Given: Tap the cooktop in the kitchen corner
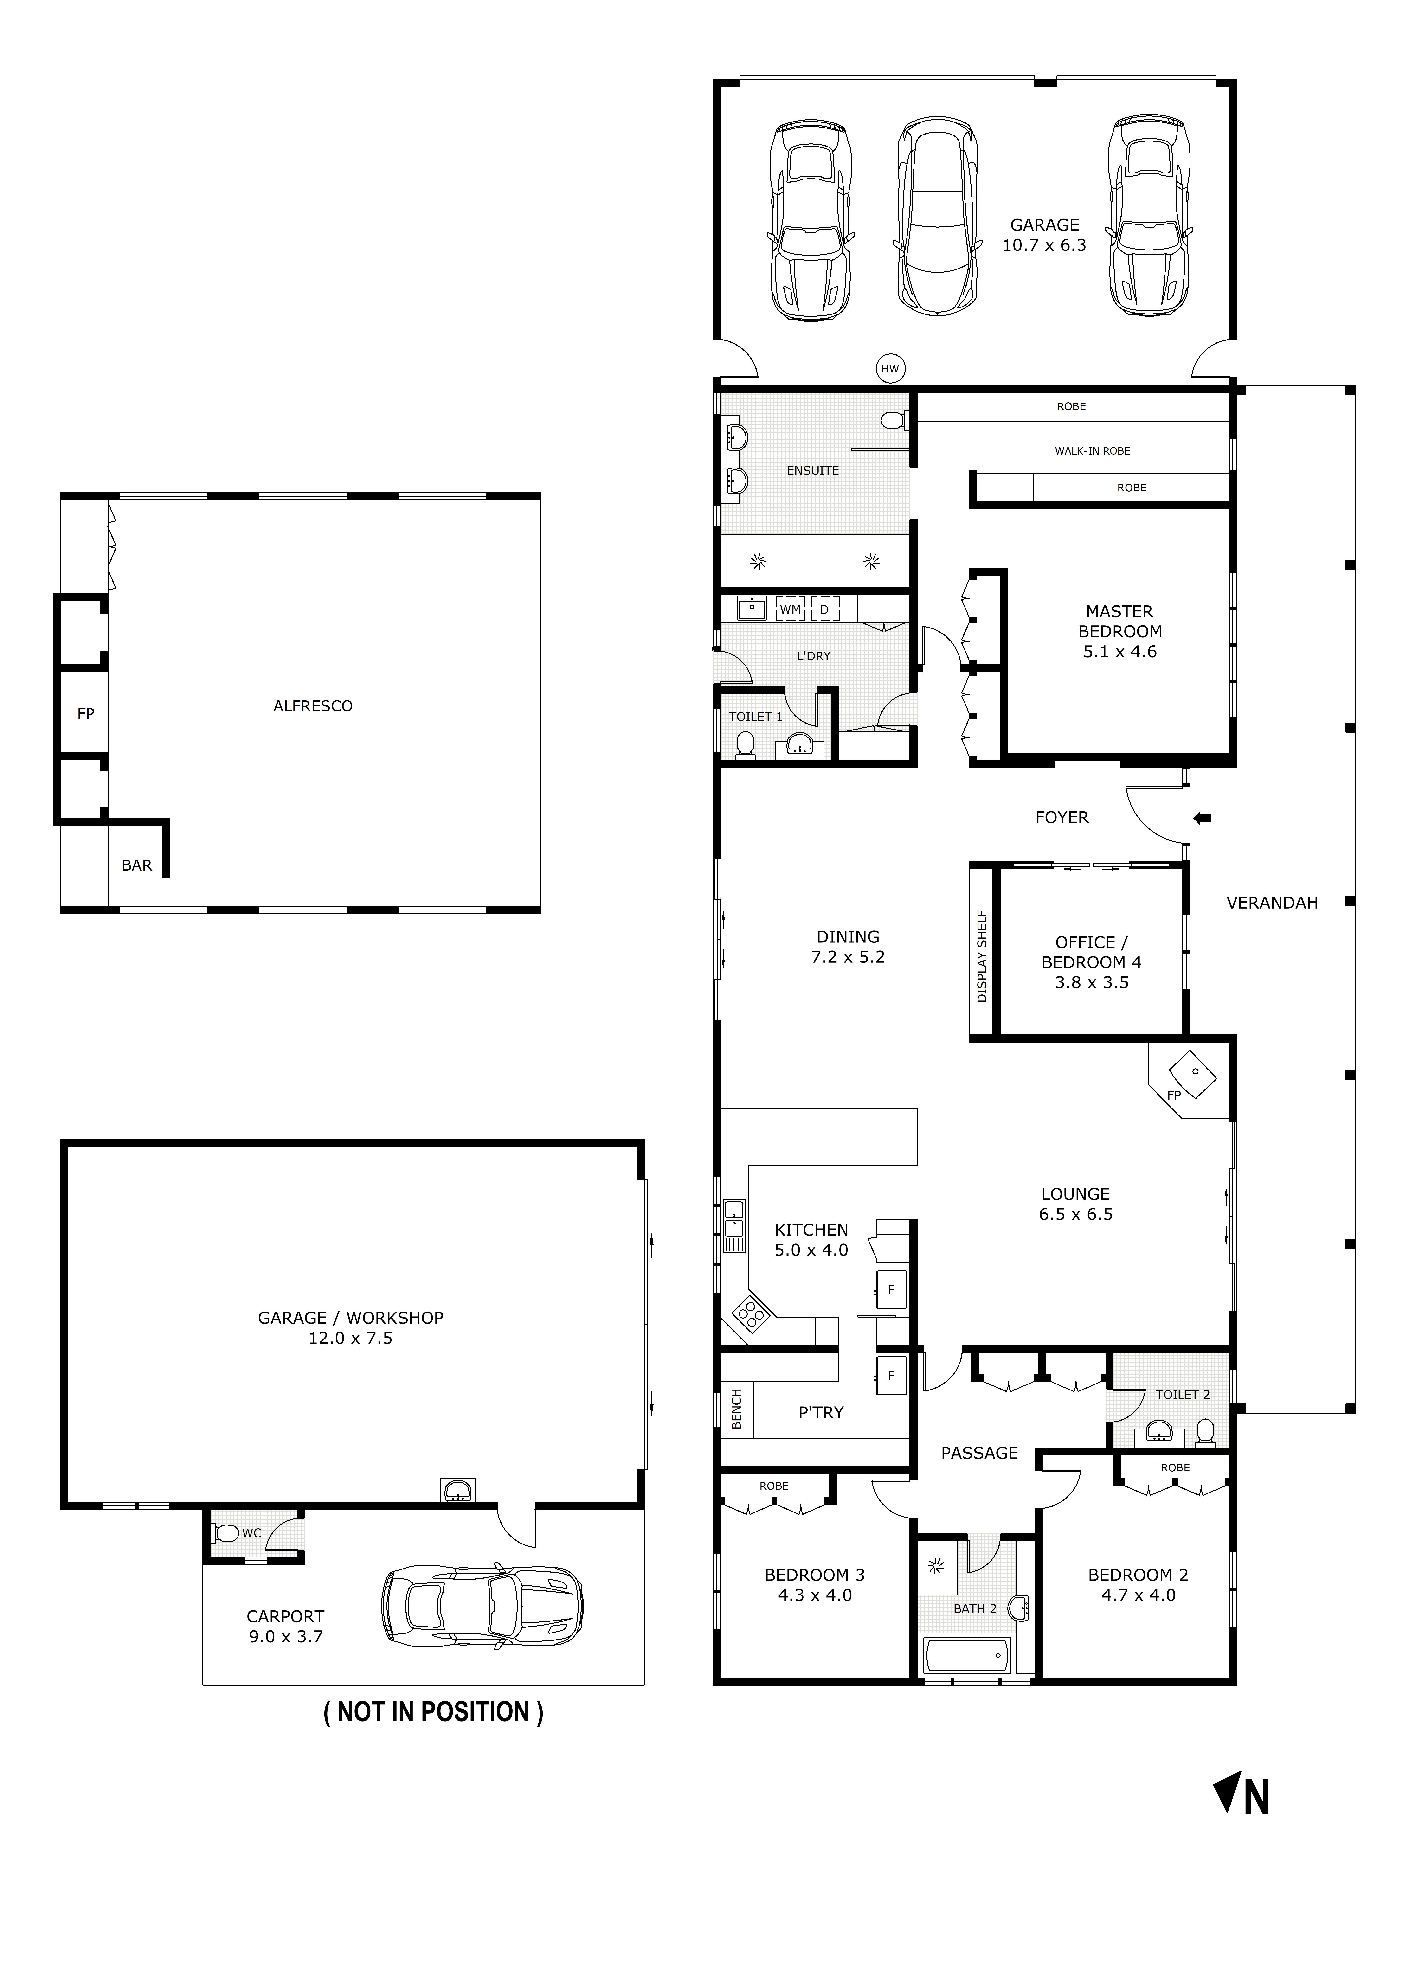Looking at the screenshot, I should click(x=751, y=1315).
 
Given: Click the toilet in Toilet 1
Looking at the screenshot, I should click(x=744, y=744).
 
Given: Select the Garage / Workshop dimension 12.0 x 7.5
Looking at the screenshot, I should click(x=351, y=1338).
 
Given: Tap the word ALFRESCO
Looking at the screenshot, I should click(x=312, y=706).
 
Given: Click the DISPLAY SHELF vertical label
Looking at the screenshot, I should click(x=982, y=956).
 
